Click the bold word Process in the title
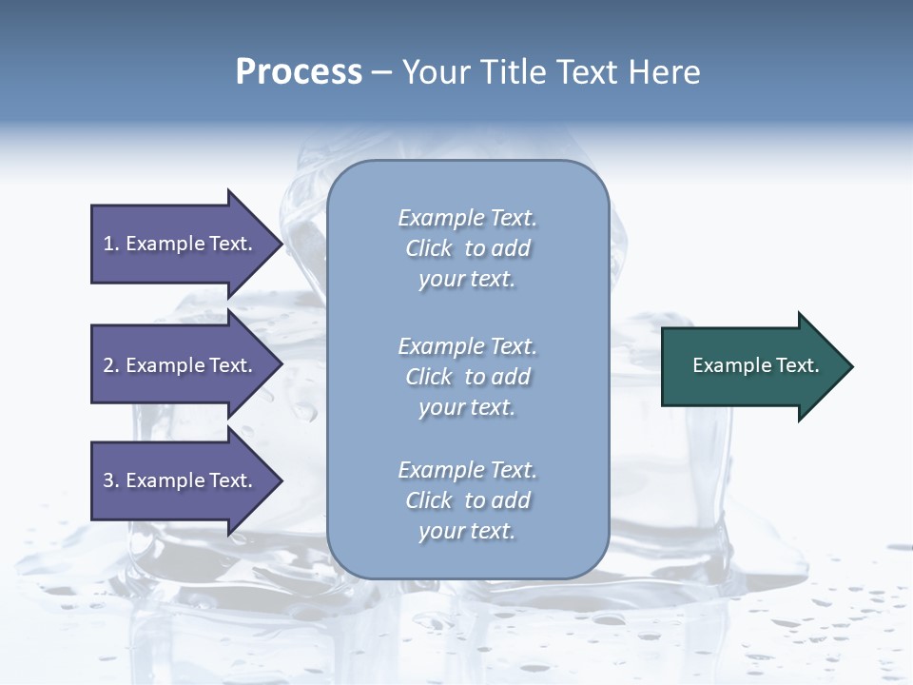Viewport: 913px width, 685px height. pos(299,72)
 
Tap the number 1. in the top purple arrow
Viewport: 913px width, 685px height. pos(111,244)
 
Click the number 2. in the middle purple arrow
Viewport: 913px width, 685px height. pos(111,365)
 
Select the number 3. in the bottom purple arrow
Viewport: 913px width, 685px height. pos(111,480)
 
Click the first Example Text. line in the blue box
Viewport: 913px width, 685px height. pos(467,218)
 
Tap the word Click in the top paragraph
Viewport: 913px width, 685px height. pos(429,248)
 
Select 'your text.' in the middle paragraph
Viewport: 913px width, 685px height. pos(467,407)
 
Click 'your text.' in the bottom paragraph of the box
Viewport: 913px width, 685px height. pos(467,531)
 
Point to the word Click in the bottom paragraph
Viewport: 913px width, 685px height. pos(429,500)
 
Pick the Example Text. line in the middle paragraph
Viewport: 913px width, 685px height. pos(467,346)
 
